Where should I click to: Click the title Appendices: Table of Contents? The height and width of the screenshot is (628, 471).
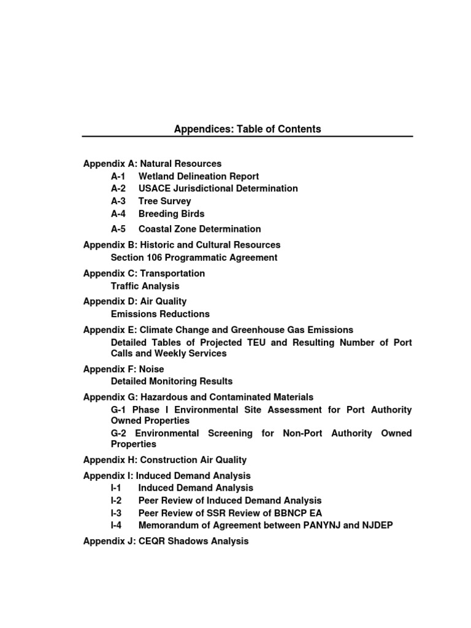pos(247,129)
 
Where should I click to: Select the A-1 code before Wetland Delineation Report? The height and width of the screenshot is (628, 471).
pos(118,176)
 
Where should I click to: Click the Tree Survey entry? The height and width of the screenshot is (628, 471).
pos(164,201)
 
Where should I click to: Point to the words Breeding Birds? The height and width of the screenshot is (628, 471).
pos(171,213)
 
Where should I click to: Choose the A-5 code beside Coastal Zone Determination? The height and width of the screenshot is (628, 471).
pos(118,229)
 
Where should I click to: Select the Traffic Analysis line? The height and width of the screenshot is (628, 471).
pos(145,286)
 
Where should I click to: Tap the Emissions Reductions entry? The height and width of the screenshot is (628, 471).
pos(160,314)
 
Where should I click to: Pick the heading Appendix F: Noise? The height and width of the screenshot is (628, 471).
pos(123,369)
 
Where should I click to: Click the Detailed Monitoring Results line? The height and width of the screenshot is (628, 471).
pos(171,381)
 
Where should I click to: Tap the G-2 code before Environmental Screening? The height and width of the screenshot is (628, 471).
pos(118,433)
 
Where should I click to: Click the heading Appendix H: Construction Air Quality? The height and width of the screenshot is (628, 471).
pos(164,460)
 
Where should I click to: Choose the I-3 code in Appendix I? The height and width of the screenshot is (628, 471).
pos(116,513)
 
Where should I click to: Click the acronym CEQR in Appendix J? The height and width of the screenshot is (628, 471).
pos(153,541)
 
